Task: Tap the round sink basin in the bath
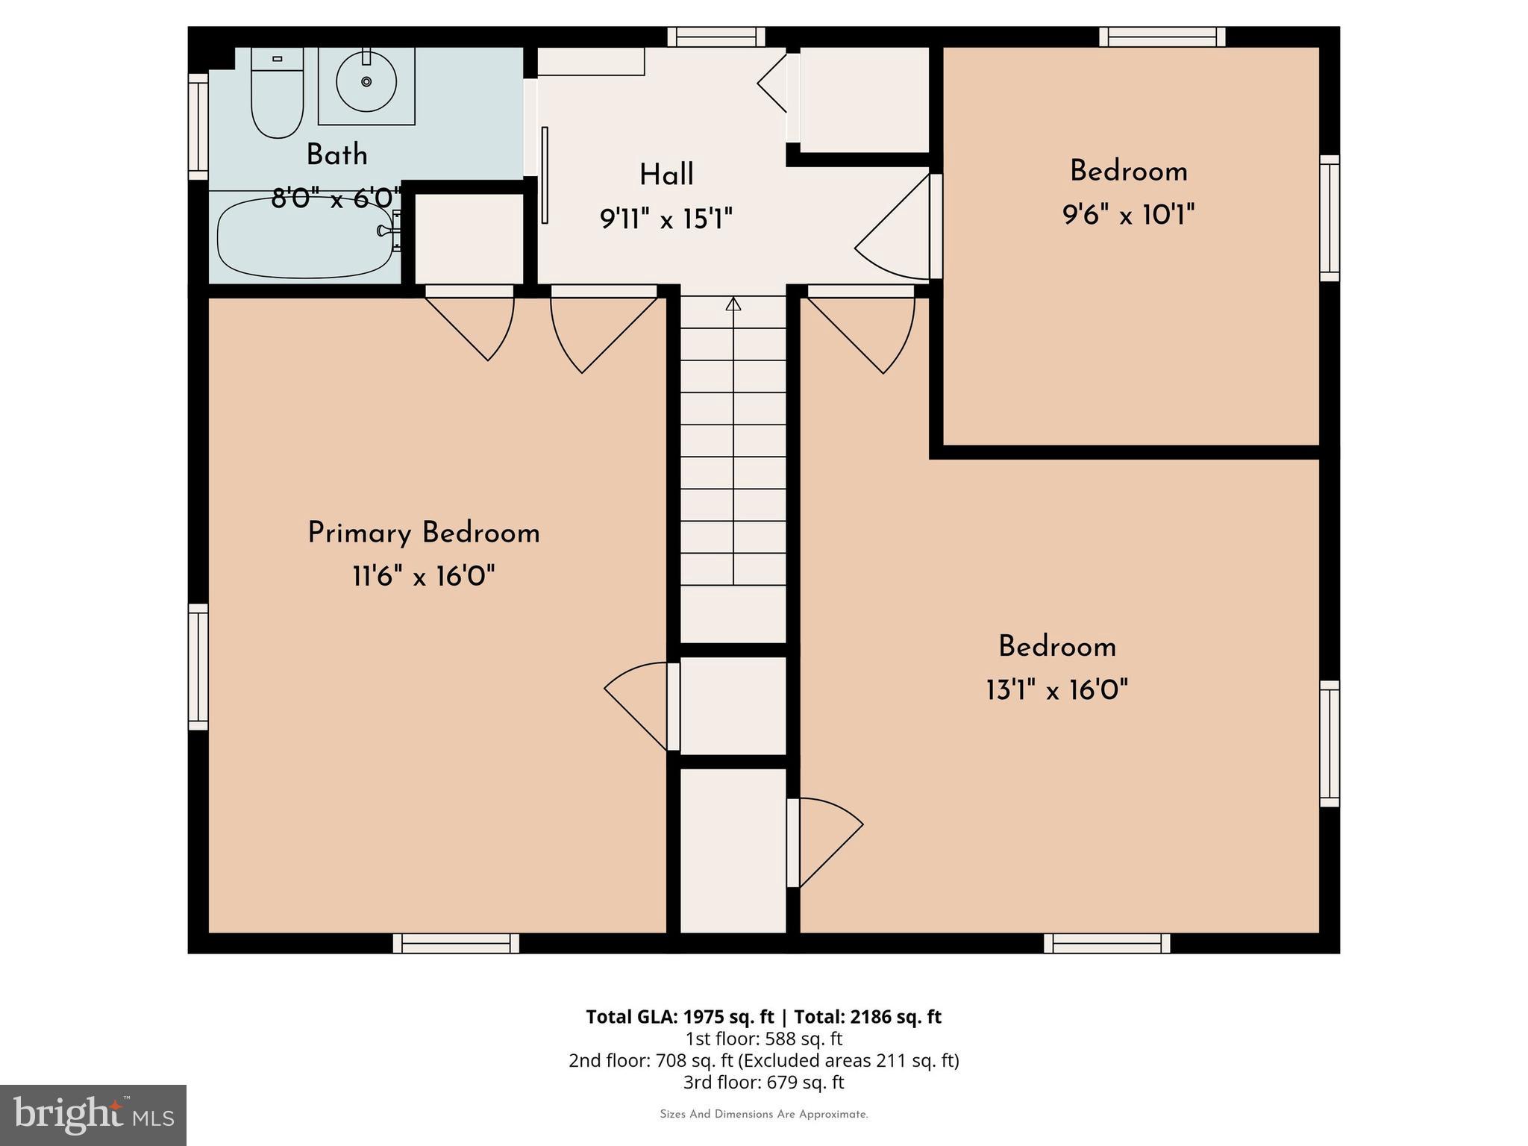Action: pos(366,82)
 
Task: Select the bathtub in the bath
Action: pos(304,237)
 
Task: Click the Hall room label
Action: pos(666,175)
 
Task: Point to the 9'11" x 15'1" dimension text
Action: pos(666,219)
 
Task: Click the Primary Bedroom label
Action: pos(423,533)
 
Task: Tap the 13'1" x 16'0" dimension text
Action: pos(1056,690)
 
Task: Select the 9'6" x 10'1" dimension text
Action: pos(1128,216)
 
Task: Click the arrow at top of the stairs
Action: pos(733,304)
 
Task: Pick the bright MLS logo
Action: pos(93,1115)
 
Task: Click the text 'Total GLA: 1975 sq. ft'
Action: pos(680,1017)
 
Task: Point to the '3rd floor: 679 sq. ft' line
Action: pos(763,1082)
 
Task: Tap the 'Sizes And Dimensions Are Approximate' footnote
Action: pos(763,1115)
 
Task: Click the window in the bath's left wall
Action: pos(198,127)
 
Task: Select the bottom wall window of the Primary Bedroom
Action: pos(456,943)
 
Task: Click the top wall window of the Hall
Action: pos(716,37)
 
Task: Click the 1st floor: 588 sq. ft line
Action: pos(763,1039)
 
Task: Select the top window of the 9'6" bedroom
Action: pos(1162,37)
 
